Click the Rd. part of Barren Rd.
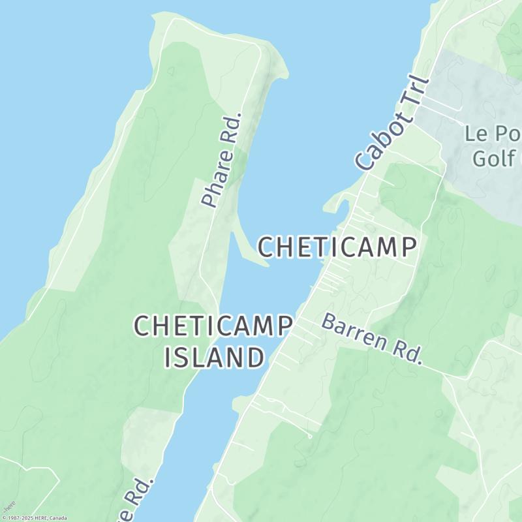[408, 352]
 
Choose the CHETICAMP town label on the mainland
[337, 247]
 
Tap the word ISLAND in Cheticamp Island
[214, 357]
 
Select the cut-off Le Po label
[490, 134]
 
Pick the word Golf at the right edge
[494, 158]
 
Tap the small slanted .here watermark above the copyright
[8, 508]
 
